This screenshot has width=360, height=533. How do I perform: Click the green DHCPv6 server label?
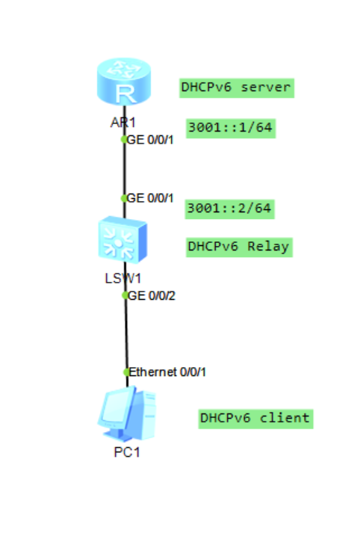pos(235,87)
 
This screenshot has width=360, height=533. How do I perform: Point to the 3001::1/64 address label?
pos(230,129)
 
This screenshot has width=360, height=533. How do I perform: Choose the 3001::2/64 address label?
pos(230,208)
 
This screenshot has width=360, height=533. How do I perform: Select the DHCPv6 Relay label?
pos(238,247)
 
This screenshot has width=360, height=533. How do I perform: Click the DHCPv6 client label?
pos(255,418)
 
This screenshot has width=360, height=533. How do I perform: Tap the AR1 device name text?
pos(123,123)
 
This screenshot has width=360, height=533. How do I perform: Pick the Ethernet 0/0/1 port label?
pos(167,372)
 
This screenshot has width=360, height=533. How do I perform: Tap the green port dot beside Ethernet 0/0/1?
pos(127,372)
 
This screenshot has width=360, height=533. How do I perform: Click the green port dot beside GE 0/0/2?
pos(125,295)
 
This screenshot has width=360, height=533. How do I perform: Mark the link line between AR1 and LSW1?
pos(124,168)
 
